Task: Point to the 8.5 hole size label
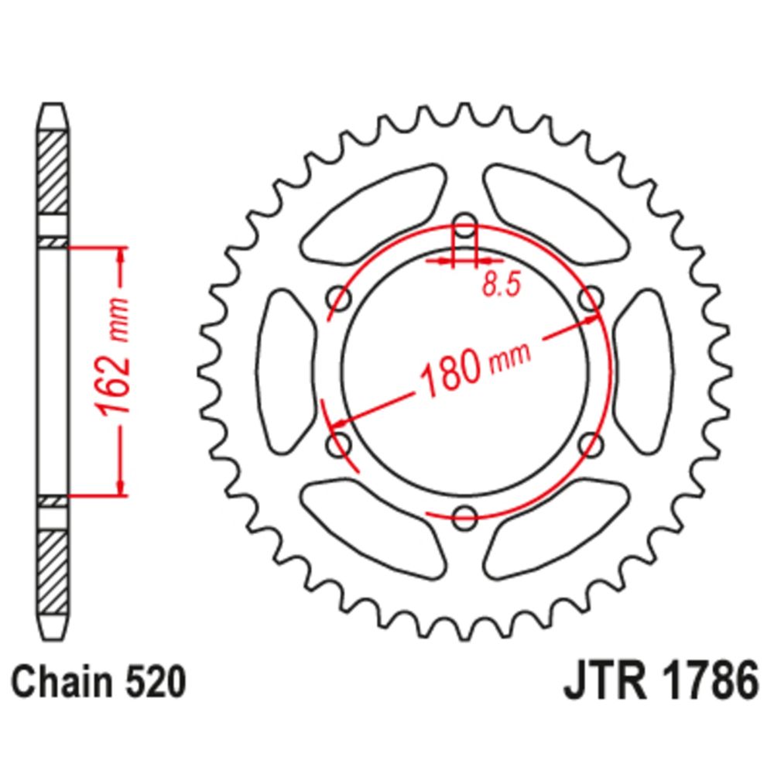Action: (499, 285)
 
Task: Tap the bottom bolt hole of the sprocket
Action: (464, 517)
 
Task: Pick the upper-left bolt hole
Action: (339, 299)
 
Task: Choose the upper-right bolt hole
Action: (591, 299)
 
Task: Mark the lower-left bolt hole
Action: (339, 444)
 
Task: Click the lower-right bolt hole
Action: (591, 444)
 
